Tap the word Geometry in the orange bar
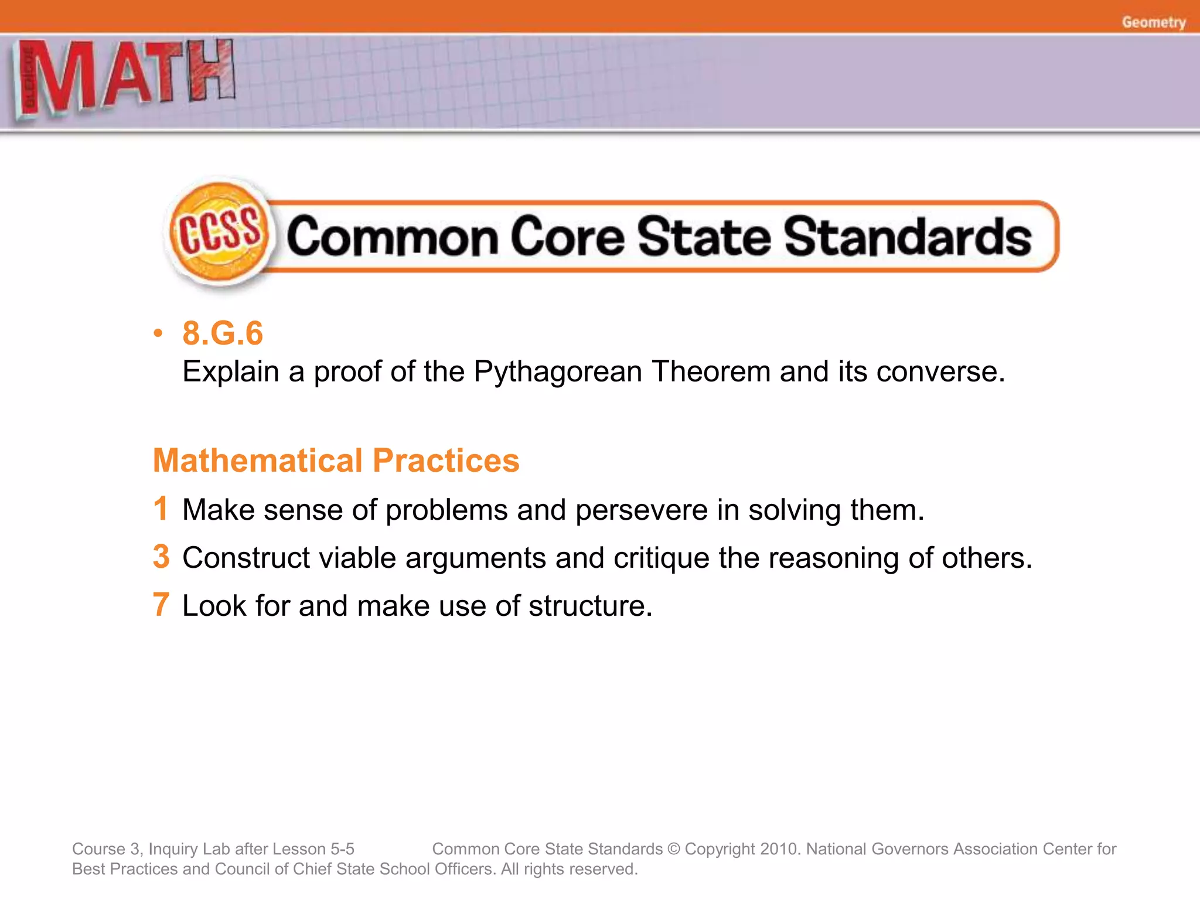pos(1153,22)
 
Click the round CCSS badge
pos(219,234)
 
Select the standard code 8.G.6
pos(223,333)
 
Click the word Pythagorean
pos(558,371)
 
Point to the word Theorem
pos(711,371)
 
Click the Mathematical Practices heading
pos(336,460)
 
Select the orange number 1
pos(161,508)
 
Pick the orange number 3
pos(161,556)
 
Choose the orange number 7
pos(161,604)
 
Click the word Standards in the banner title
pos(908,237)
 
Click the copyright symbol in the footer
pos(673,849)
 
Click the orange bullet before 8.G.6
pos(157,333)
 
